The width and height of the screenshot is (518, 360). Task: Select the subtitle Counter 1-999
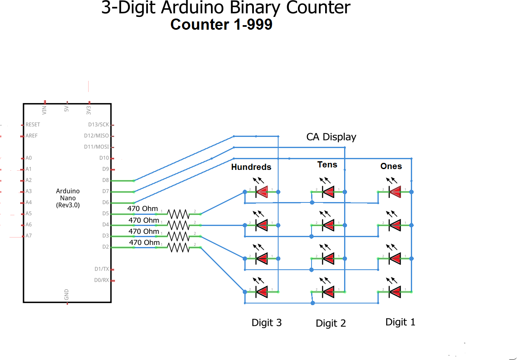[221, 25]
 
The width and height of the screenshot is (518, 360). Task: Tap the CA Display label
[331, 137]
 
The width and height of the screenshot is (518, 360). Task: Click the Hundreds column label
[251, 167]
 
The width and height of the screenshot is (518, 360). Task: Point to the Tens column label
[327, 165]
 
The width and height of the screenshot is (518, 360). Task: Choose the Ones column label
[391, 166]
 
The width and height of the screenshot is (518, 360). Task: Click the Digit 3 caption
[267, 322]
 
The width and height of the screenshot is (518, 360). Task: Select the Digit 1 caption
[400, 322]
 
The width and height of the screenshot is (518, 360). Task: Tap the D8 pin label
[105, 180]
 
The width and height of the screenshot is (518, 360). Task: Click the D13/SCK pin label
[98, 125]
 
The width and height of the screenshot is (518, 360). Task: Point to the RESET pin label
[33, 125]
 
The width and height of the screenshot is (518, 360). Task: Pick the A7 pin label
[28, 236]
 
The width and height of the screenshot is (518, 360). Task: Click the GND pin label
[67, 294]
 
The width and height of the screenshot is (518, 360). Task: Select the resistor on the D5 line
[178, 214]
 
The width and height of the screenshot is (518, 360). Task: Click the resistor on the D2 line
[178, 247]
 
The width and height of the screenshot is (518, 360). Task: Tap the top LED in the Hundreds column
[261, 191]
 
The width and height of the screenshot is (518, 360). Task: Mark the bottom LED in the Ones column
[394, 292]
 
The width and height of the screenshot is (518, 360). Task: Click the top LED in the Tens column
[328, 191]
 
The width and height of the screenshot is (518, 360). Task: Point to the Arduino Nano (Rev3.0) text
[68, 198]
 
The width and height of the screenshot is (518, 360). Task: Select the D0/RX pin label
[102, 280]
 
